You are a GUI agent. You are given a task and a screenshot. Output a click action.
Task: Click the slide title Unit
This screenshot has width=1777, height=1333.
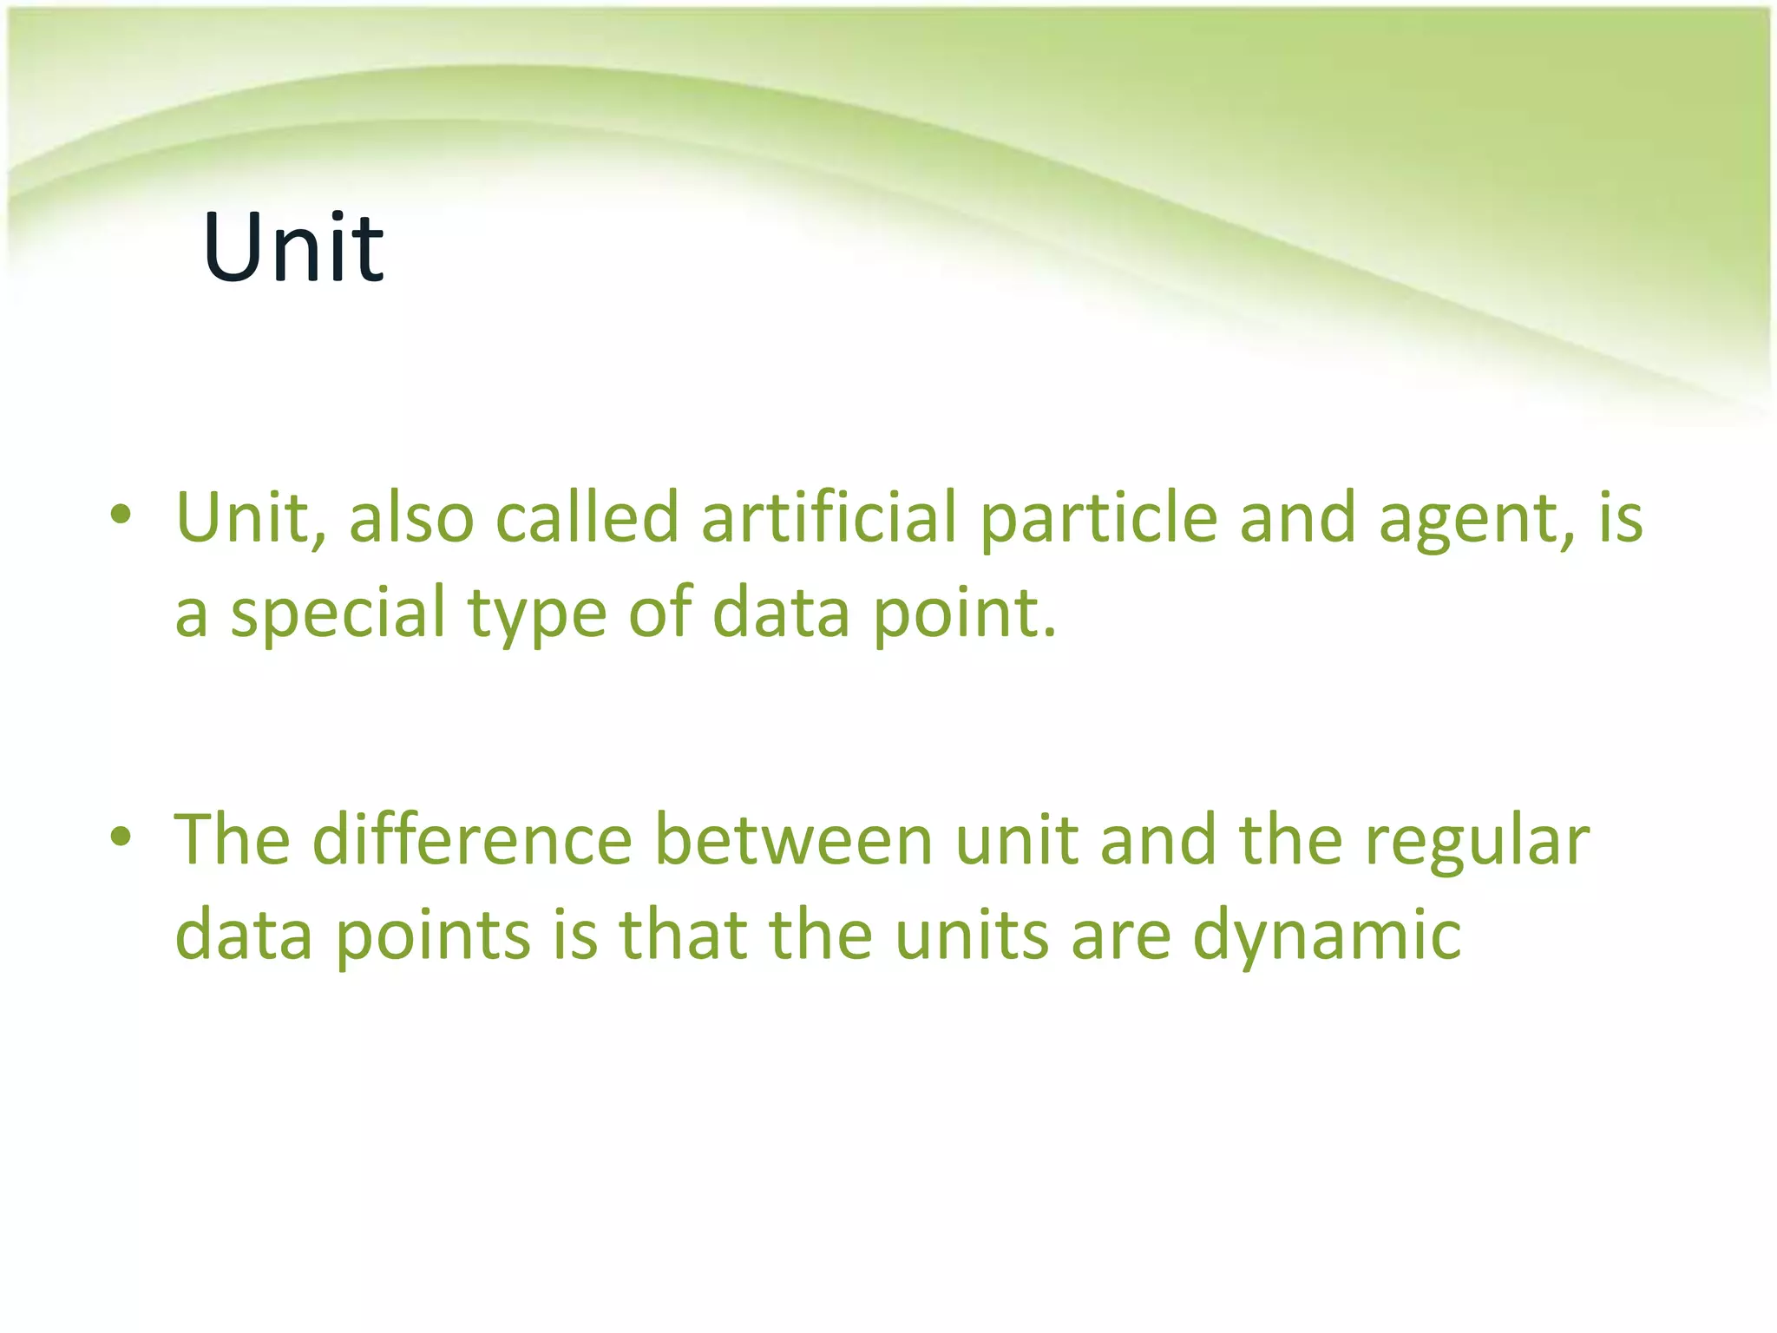[293, 248]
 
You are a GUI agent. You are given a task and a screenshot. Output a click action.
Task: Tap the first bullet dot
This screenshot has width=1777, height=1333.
[121, 515]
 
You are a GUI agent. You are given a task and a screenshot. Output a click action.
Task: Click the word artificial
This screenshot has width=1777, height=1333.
[829, 517]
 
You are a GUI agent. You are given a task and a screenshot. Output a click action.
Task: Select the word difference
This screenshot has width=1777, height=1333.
[472, 839]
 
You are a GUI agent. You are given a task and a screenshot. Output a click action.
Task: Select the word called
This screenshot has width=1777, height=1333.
[587, 517]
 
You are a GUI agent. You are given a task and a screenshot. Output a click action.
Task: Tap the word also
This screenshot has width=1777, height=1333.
[411, 517]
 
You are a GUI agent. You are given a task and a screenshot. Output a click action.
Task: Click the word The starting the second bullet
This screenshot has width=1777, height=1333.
[232, 839]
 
